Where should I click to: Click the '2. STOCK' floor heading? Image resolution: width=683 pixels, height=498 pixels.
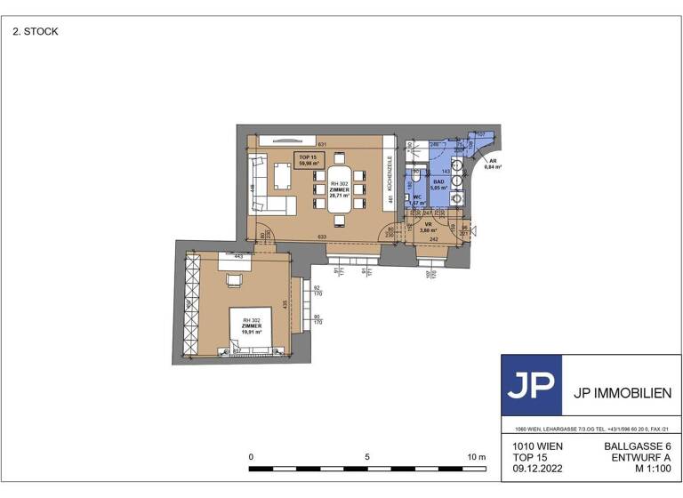click(36, 31)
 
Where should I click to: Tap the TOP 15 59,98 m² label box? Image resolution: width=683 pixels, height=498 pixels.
click(310, 160)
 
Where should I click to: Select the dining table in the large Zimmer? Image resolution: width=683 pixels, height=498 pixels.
click(340, 188)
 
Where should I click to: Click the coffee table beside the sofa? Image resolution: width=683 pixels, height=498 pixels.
click(282, 178)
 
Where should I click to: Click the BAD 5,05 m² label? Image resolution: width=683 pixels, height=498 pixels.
click(438, 185)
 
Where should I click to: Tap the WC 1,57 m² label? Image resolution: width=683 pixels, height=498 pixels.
click(416, 199)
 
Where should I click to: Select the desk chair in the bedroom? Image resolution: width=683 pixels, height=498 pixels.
click(234, 281)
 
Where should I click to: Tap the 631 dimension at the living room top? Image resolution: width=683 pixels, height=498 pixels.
click(323, 145)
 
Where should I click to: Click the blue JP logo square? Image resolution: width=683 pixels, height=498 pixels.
click(532, 385)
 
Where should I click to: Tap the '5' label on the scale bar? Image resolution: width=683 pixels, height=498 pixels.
click(367, 457)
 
